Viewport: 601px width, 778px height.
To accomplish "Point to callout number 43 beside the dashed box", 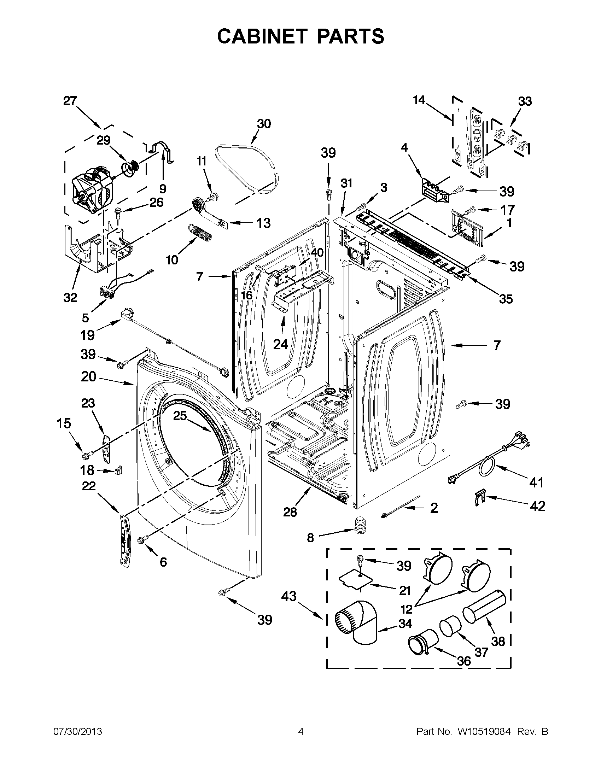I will pos(288,596).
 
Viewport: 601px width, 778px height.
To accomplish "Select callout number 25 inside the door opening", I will pos(180,415).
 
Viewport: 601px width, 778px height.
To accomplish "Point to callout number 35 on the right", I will pos(506,299).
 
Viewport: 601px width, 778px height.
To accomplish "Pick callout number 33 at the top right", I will pos(525,101).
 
